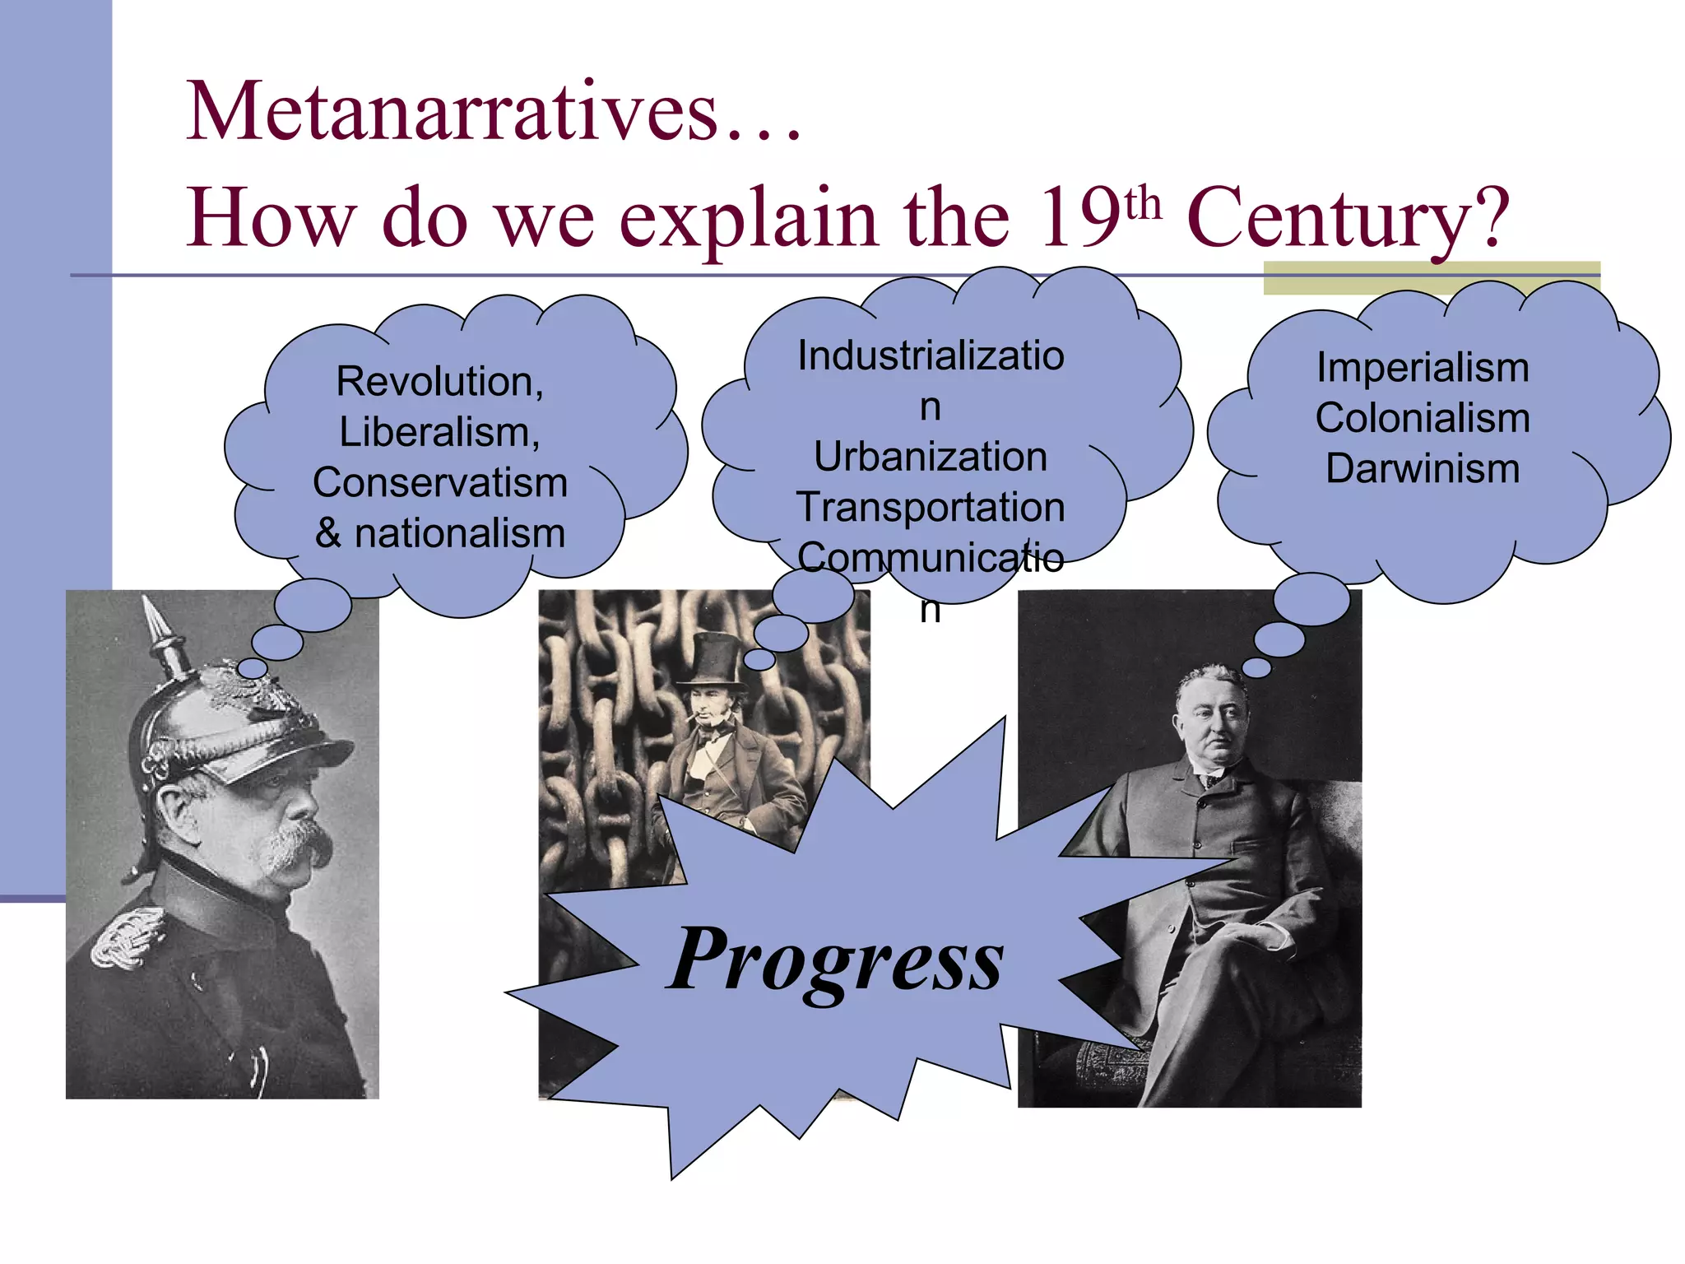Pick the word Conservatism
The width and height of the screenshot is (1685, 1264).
coord(440,482)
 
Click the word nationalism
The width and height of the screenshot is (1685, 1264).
coord(460,533)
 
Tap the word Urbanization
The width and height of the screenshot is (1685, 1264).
coord(931,457)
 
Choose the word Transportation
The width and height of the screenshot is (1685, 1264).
coord(931,507)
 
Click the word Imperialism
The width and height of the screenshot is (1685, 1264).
coord(1423,367)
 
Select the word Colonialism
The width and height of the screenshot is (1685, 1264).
coord(1423,418)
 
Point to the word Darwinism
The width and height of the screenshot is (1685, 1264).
coord(1423,468)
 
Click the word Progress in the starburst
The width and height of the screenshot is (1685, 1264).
coord(836,960)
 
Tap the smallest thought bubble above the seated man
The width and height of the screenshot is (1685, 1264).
coord(1256,667)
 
